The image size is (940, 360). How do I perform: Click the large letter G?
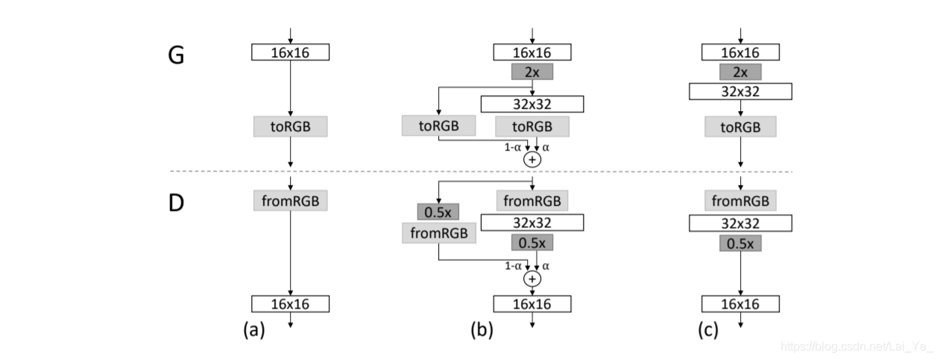coord(176,55)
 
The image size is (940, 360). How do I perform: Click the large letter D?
coord(176,203)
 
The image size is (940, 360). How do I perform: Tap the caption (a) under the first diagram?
coord(254,329)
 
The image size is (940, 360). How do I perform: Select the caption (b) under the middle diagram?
coord(482,329)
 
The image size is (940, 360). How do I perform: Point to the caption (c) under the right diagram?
coord(708,329)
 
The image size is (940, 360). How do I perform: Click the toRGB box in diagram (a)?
coord(291,126)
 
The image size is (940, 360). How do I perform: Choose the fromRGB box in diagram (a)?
coord(291,200)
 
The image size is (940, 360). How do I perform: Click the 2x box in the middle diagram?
coord(532,72)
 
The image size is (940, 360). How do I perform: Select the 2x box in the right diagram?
coord(741,72)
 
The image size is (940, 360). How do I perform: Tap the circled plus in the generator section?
coord(532,160)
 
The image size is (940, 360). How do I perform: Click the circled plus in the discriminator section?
coord(532,279)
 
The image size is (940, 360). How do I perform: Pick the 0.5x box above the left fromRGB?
coord(438,212)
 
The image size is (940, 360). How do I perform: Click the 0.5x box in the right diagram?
coord(741,244)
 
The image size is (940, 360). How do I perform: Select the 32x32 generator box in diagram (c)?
coord(741,92)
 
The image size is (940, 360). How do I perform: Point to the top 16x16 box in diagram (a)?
coord(291,52)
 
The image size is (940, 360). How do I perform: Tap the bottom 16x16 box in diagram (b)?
coord(532,304)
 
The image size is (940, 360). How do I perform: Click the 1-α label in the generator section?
coord(512,148)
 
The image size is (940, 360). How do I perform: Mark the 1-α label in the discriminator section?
coord(513,266)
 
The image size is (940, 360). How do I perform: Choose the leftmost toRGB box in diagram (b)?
coord(438,125)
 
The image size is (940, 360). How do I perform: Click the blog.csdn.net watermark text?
coord(857,347)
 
